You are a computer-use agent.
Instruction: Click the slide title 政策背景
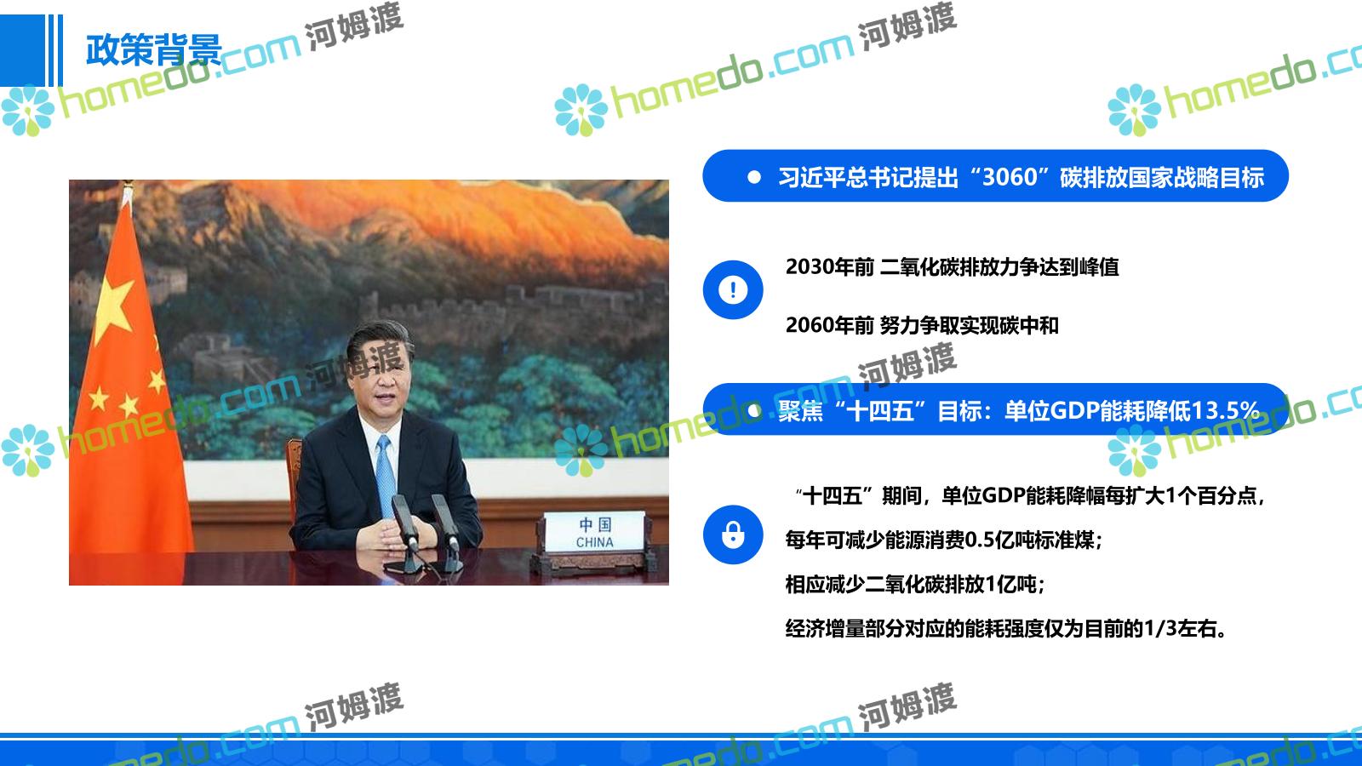click(154, 50)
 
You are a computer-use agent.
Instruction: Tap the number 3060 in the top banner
click(1010, 177)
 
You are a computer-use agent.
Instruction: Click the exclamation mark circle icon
click(733, 289)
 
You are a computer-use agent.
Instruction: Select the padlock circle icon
click(733, 534)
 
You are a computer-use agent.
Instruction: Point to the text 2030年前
click(829, 267)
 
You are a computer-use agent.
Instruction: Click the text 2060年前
click(829, 325)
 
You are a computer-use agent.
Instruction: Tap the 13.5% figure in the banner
click(1224, 411)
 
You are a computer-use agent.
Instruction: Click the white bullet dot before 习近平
click(754, 177)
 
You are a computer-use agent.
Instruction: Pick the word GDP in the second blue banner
click(1073, 411)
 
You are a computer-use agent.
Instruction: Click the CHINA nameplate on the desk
click(594, 533)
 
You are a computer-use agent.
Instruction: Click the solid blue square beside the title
click(22, 50)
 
